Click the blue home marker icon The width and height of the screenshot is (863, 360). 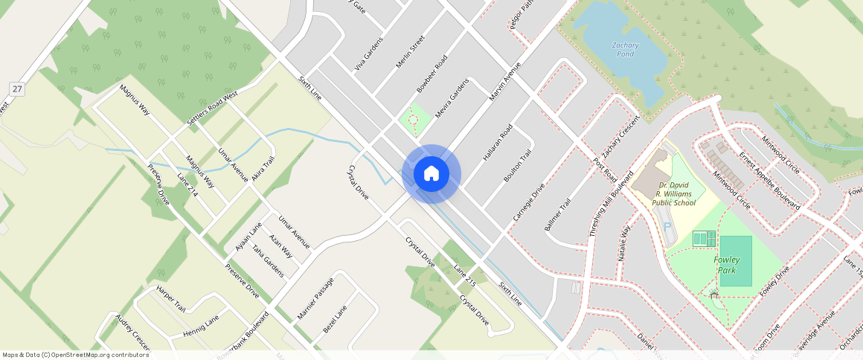[x=431, y=174]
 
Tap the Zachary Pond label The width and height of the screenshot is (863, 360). [x=625, y=49]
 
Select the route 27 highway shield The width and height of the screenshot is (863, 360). [x=16, y=89]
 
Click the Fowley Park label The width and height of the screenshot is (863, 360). [x=726, y=265]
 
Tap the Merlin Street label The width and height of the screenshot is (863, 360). [x=410, y=51]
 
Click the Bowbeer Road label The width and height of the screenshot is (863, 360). [x=431, y=73]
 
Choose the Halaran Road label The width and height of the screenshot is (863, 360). [x=497, y=143]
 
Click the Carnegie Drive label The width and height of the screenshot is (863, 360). [x=529, y=202]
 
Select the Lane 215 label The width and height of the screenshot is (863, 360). [x=464, y=276]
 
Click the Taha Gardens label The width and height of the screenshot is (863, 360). [x=268, y=260]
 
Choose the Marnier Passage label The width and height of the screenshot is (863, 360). [x=315, y=298]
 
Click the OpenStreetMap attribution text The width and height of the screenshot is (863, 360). [x=76, y=355]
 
